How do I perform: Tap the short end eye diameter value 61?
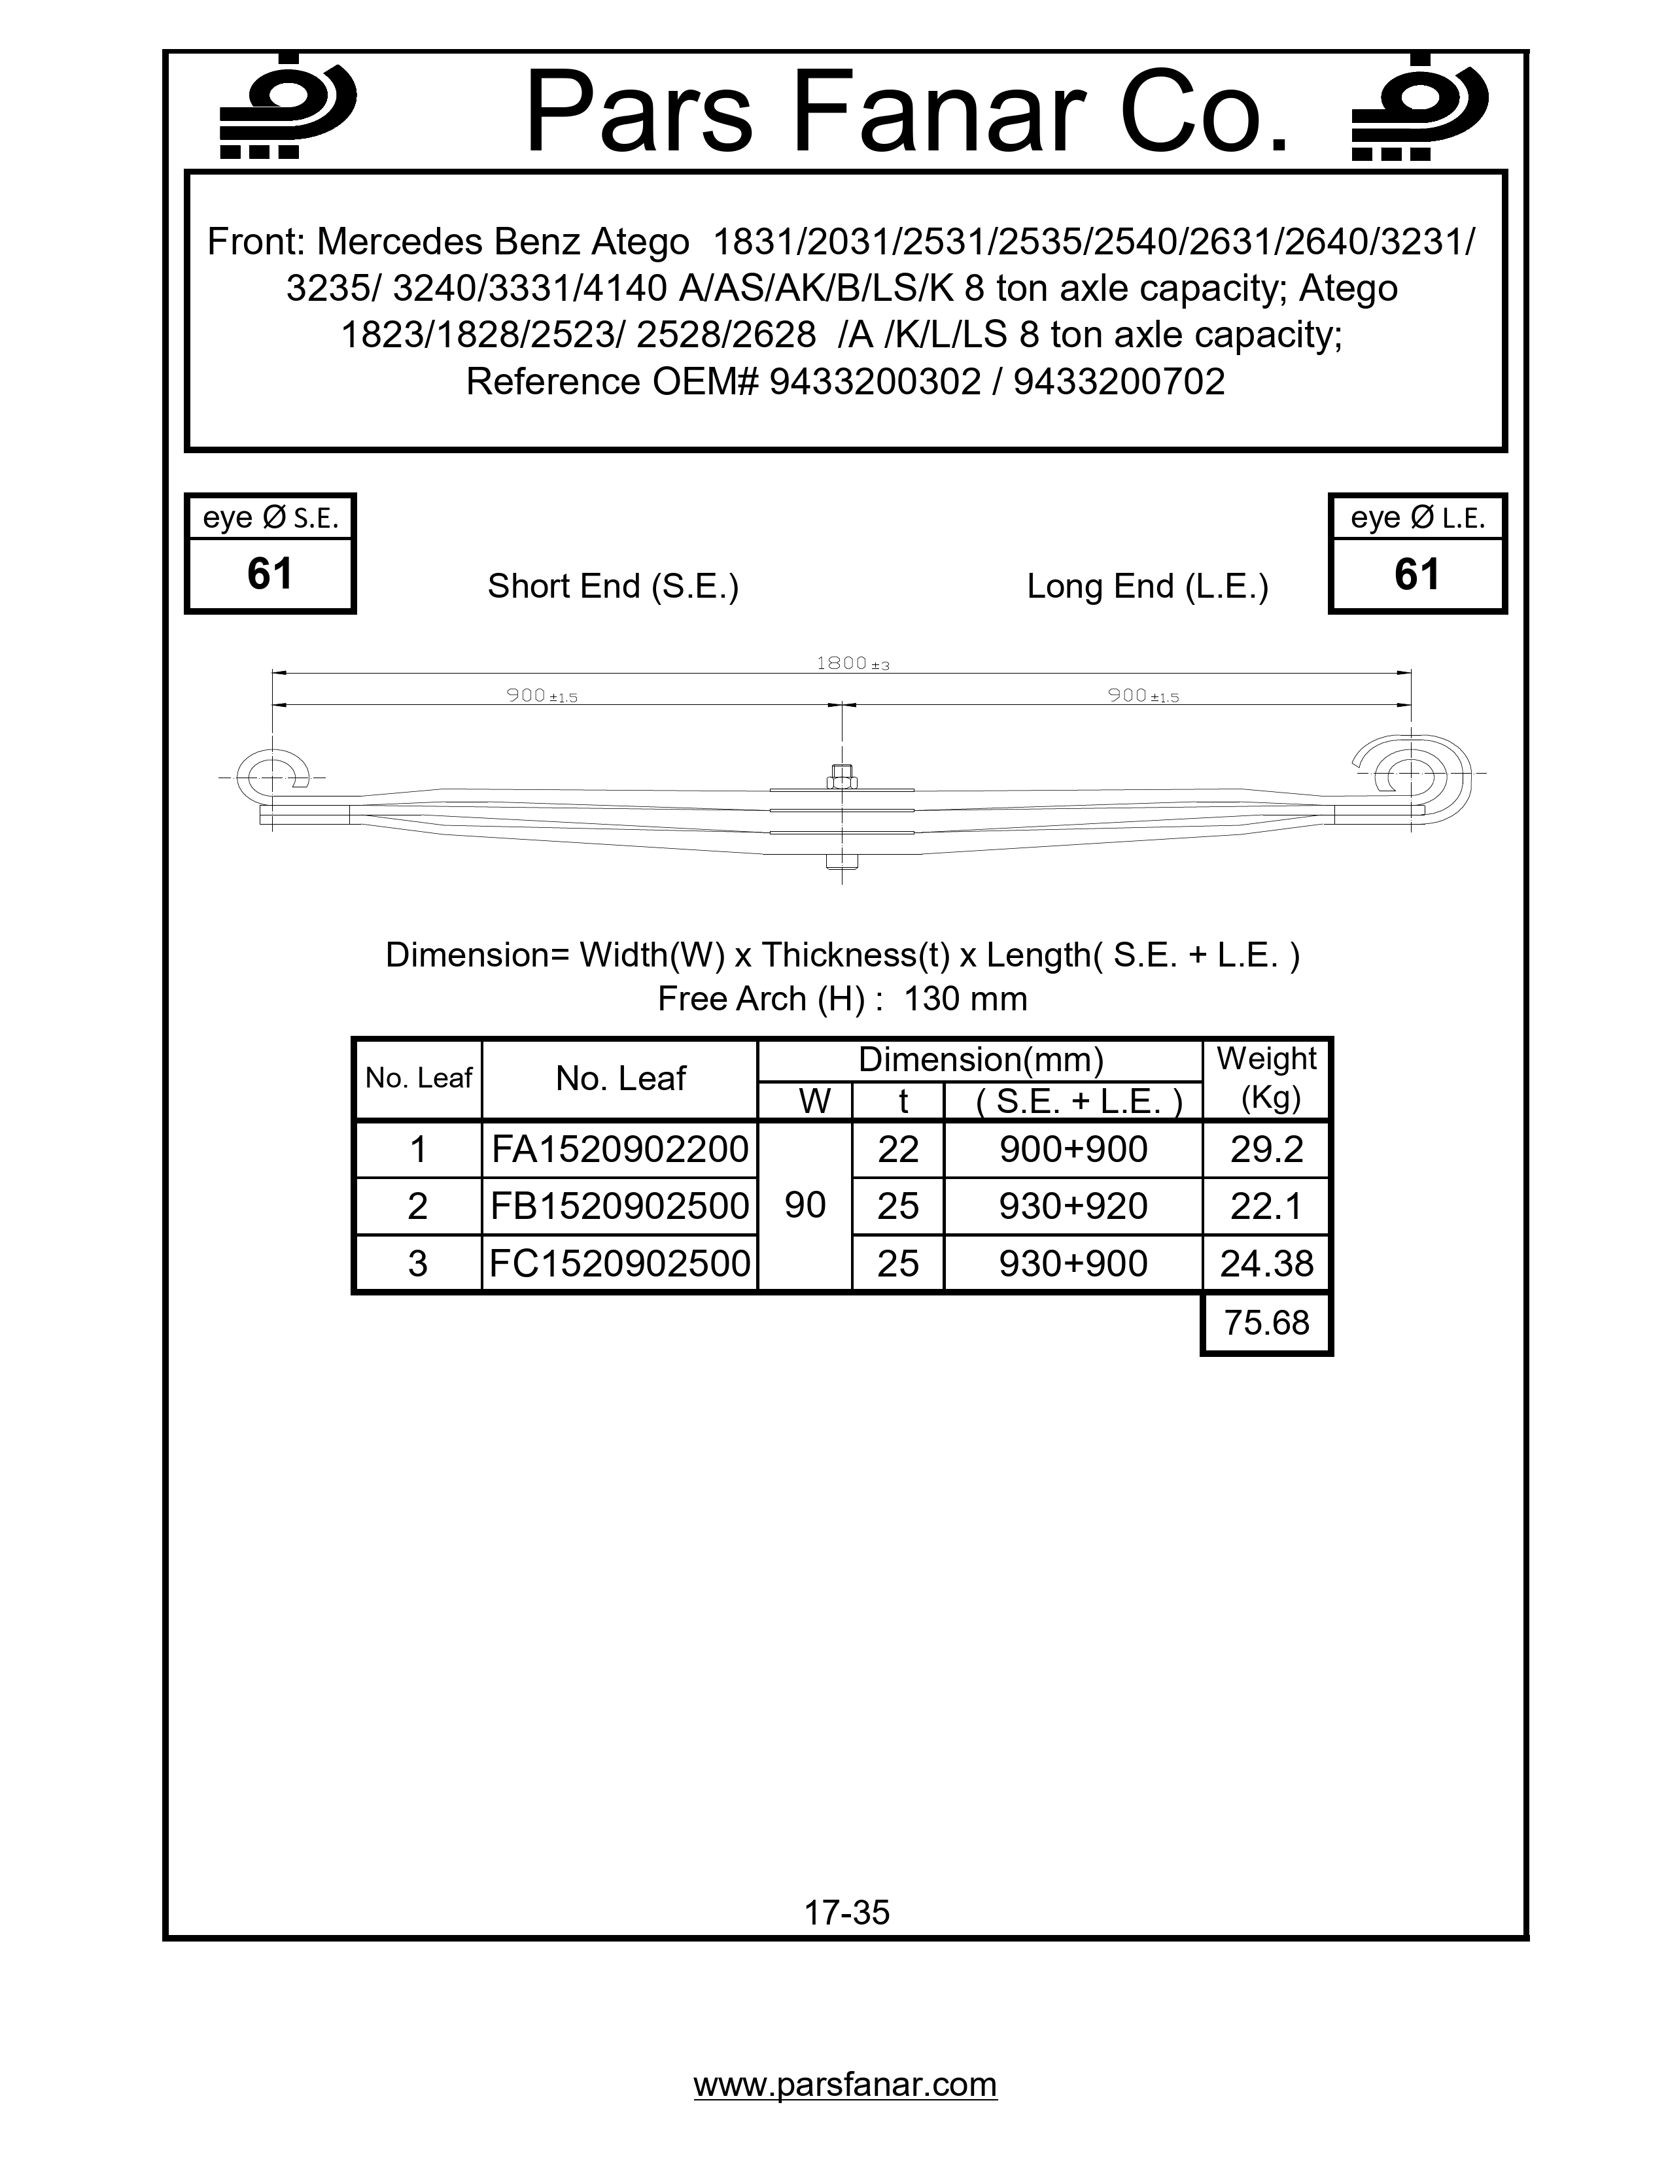(x=269, y=575)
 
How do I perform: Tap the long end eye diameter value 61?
(x=1416, y=575)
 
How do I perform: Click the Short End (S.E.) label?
(x=613, y=586)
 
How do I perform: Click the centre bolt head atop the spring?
(x=842, y=775)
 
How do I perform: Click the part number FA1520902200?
(x=619, y=1149)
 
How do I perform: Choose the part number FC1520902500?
(x=619, y=1264)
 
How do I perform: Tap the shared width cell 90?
(x=805, y=1205)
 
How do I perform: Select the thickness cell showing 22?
(x=897, y=1149)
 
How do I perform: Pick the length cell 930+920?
(x=1073, y=1207)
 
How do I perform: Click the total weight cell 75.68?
(x=1266, y=1322)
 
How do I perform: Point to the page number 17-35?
(x=847, y=1913)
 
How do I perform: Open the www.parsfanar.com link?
(x=845, y=2084)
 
